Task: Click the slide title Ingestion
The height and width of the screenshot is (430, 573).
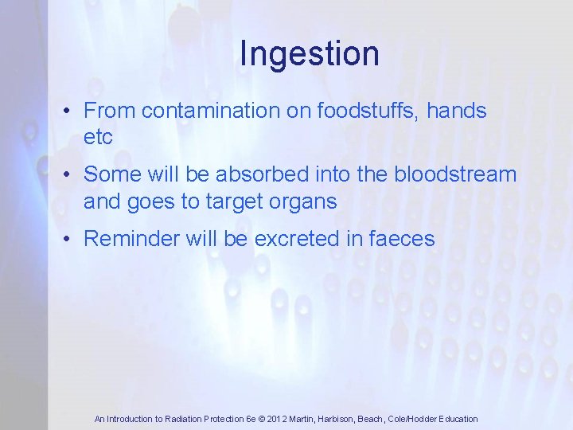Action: click(309, 54)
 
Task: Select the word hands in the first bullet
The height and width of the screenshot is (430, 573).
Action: click(456, 111)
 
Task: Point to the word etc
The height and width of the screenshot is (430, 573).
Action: click(98, 137)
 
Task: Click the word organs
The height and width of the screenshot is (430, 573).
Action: click(304, 201)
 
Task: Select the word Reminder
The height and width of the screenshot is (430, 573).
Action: click(132, 238)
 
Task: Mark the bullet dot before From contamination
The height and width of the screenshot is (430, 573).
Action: click(70, 111)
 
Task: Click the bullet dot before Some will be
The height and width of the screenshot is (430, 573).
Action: click(70, 174)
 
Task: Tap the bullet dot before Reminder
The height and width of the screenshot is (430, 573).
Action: click(70, 239)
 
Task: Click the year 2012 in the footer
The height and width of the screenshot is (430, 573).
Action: click(275, 419)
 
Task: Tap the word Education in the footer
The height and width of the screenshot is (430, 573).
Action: click(457, 419)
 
